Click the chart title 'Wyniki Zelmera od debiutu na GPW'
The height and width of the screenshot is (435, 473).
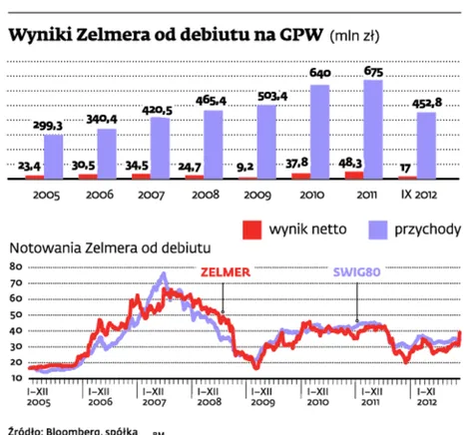pyautogui.click(x=165, y=36)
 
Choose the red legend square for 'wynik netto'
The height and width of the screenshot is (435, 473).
pyautogui.click(x=254, y=227)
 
